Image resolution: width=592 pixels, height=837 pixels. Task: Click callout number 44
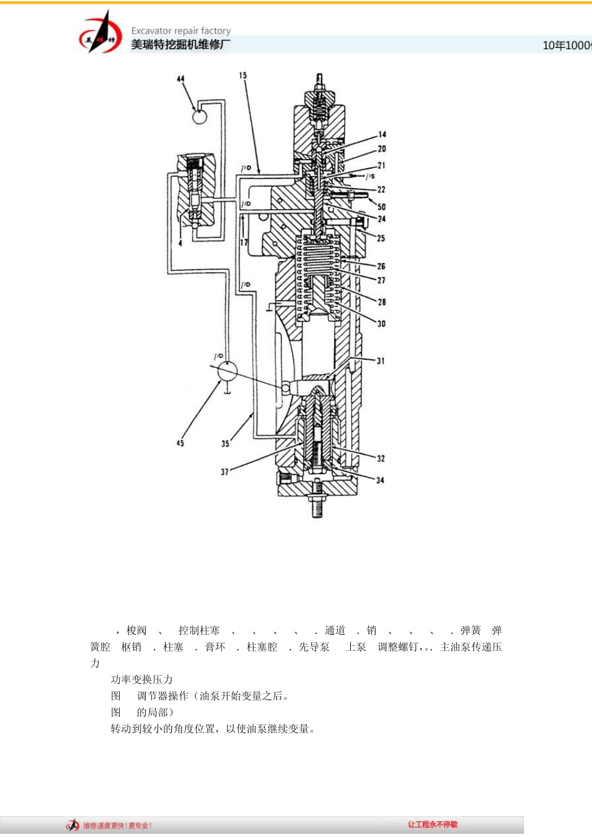pyautogui.click(x=181, y=79)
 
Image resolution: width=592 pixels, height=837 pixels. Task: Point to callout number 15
pyautogui.click(x=243, y=75)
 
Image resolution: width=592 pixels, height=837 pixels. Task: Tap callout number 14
pyautogui.click(x=382, y=134)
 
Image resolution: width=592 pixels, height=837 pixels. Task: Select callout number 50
pyautogui.click(x=381, y=207)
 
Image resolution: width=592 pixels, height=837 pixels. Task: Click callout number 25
pyautogui.click(x=381, y=238)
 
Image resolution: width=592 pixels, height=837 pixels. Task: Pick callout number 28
pyautogui.click(x=381, y=302)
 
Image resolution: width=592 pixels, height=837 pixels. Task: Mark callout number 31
pyautogui.click(x=380, y=361)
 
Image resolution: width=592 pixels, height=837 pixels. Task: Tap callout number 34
pyautogui.click(x=380, y=480)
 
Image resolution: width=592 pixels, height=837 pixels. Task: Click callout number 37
pyautogui.click(x=224, y=472)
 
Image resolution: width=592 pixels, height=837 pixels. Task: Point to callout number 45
pyautogui.click(x=180, y=443)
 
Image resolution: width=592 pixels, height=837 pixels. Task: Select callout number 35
pyautogui.click(x=225, y=443)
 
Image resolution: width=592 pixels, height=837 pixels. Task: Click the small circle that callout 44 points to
pyautogui.click(x=199, y=116)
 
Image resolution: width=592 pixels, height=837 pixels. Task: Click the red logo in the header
pyautogui.click(x=100, y=34)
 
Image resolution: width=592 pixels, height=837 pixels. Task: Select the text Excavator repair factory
pyautogui.click(x=181, y=31)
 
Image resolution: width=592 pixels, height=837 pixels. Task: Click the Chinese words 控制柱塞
pyautogui.click(x=199, y=630)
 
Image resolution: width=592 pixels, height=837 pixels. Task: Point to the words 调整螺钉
pyautogui.click(x=398, y=647)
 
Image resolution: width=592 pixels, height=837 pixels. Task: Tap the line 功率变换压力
pyautogui.click(x=141, y=679)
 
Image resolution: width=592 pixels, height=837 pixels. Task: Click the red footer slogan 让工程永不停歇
pyautogui.click(x=432, y=825)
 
